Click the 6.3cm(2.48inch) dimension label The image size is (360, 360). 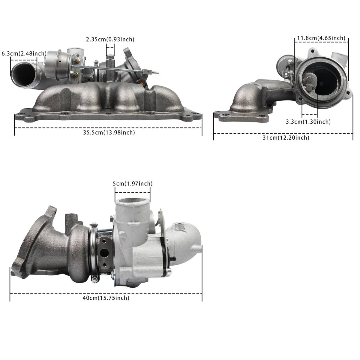24,54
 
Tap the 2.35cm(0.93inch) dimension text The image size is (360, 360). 110,39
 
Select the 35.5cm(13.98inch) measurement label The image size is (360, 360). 109,133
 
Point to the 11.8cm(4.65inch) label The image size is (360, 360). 321,38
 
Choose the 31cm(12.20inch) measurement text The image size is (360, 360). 286,138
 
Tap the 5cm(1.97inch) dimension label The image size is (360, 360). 133,184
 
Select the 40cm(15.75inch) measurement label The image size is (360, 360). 106,298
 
